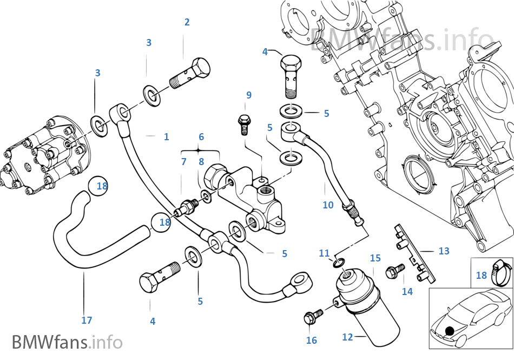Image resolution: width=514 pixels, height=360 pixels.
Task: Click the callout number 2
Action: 187,22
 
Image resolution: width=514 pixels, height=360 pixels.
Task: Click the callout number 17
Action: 87,320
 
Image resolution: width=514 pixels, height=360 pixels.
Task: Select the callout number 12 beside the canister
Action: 347,337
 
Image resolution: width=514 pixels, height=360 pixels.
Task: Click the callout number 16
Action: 311,340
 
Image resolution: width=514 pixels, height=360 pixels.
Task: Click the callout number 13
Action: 444,251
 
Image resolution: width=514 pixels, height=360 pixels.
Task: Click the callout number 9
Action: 249,95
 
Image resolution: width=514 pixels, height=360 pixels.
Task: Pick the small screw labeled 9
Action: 244,123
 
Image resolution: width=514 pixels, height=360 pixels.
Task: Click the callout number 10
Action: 328,205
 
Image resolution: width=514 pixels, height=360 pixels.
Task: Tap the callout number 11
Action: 324,253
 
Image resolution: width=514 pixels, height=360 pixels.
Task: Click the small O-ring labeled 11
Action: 337,263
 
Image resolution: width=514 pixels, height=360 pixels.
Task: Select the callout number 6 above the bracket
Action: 201,137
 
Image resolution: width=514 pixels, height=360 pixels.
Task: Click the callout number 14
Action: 407,291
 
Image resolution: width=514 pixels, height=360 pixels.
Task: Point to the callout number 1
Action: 167,137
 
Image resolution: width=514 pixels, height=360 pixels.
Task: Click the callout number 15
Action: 375,258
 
